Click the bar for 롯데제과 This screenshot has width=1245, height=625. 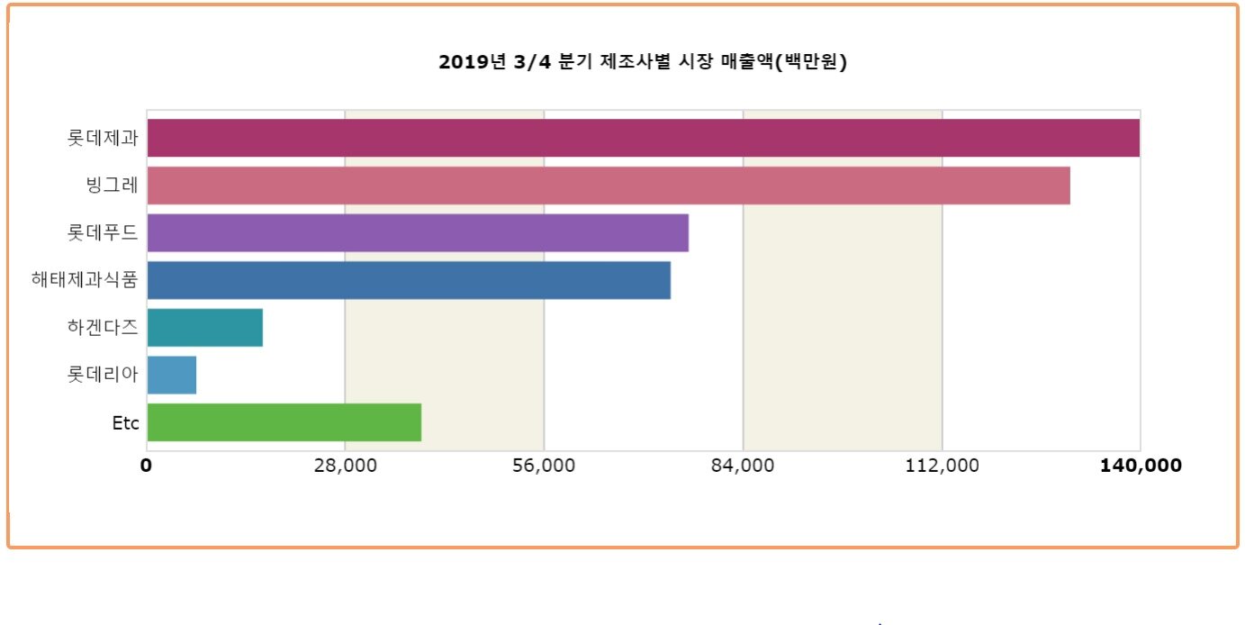643,138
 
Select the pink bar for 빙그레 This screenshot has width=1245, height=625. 608,186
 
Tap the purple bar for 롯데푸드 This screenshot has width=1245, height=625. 417,232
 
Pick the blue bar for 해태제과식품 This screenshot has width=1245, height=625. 408,280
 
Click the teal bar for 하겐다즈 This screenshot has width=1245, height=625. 204,327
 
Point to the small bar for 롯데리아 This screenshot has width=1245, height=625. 171,375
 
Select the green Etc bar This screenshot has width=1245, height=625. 284,422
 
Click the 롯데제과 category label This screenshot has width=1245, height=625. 103,139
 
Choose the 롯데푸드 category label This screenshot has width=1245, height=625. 103,233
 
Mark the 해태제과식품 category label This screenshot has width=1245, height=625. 85,280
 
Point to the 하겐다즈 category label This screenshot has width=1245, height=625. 103,328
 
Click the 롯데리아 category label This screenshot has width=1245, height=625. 103,375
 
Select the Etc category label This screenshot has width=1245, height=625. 125,423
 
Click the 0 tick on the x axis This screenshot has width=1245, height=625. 146,466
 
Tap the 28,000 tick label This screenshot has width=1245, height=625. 345,466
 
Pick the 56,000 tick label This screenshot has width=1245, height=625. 544,466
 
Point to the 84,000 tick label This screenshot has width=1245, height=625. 743,466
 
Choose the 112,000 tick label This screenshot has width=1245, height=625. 942,466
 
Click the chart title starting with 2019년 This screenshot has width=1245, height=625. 643,62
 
